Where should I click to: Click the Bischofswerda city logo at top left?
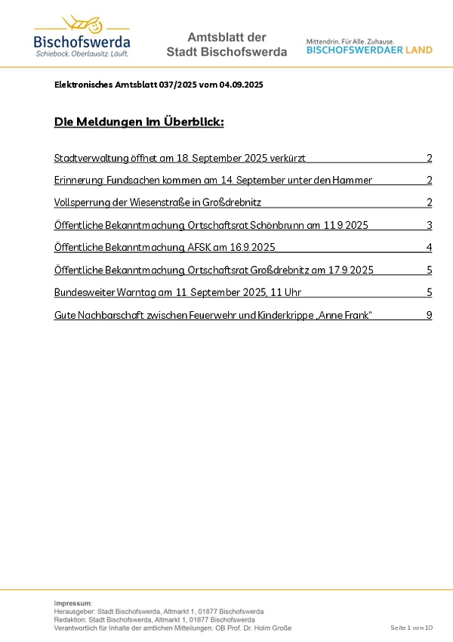pos(82,36)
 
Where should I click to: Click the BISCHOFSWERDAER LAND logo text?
pos(369,50)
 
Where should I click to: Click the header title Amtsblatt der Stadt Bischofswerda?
pos(226,45)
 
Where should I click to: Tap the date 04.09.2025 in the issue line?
pos(242,85)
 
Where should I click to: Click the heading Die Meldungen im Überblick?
pos(139,122)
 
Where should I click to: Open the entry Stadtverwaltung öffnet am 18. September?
pos(180,159)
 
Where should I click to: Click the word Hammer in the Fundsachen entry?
pos(353,181)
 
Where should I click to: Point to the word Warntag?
pos(138,292)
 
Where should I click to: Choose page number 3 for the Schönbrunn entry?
pos(429,225)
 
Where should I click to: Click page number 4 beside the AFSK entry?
pos(429,248)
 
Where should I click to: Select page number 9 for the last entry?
pos(429,315)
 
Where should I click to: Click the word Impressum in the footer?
pos(72,603)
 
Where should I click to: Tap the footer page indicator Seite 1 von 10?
pos(411,628)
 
